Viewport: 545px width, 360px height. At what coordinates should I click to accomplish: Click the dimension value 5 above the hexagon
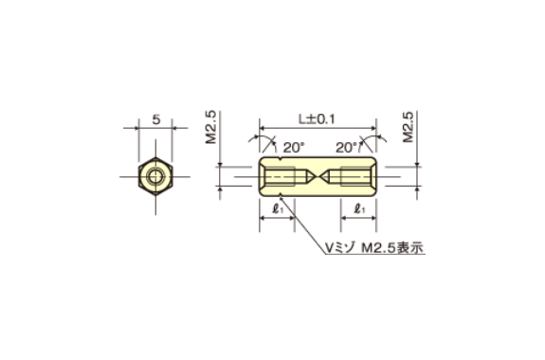point(155,122)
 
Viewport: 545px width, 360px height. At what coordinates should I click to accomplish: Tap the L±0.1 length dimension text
point(318,119)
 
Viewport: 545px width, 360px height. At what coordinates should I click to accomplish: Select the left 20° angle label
point(292,147)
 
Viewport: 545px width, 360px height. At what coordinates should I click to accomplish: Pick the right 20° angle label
point(347,147)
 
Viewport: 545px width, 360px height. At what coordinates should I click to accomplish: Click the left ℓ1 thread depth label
point(279,208)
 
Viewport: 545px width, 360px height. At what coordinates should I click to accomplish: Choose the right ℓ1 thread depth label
point(358,208)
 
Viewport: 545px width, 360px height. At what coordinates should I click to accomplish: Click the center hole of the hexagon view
point(154,176)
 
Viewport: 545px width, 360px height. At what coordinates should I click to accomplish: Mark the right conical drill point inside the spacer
point(333,176)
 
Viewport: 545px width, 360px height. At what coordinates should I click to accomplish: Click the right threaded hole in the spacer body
point(356,176)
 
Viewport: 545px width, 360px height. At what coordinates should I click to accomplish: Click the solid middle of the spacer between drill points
point(318,176)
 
